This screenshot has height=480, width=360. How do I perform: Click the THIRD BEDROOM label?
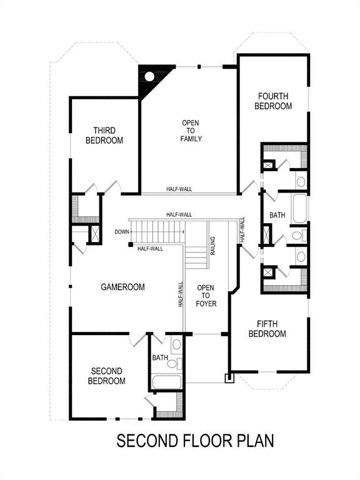104,136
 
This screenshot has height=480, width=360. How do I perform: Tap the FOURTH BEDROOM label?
273,101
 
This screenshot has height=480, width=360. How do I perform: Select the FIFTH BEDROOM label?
267,329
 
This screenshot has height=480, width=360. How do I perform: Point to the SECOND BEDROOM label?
106,376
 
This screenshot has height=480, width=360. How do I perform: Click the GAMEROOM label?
123,287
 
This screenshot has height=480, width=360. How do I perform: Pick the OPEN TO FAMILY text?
191,131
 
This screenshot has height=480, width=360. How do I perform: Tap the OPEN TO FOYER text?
206,296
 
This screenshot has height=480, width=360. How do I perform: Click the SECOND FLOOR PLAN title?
195,441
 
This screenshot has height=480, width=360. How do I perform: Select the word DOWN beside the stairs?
122,232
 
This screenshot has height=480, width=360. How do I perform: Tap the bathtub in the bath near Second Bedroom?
166,382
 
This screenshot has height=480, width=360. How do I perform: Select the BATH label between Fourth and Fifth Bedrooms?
277,215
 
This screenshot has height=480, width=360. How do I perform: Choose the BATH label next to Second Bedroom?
160,358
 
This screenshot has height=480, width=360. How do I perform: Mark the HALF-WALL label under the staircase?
150,248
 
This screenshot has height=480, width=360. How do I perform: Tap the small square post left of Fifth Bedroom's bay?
229,377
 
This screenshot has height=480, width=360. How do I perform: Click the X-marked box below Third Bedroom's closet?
95,233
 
